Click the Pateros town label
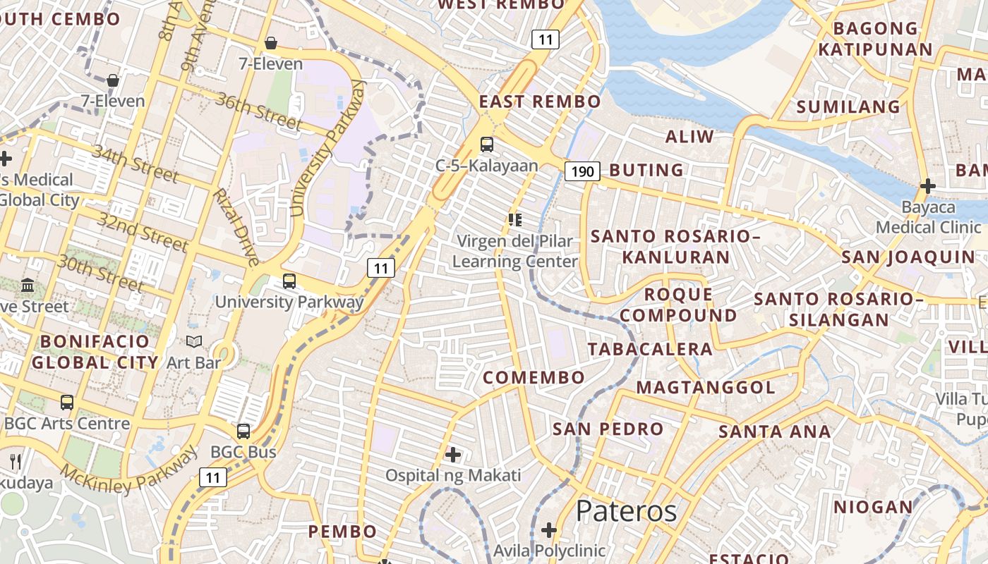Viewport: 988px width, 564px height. point(626,511)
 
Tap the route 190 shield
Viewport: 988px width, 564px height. point(582,171)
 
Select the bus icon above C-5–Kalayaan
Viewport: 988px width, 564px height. point(487,145)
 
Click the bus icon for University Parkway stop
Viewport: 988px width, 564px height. point(289,281)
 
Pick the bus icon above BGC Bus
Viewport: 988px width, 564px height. point(243,431)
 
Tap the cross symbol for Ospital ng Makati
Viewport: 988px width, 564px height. point(453,455)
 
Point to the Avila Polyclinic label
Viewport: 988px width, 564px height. point(549,550)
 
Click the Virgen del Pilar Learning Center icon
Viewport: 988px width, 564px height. point(514,220)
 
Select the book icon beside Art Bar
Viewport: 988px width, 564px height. point(193,342)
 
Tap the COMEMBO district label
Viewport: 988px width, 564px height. point(534,378)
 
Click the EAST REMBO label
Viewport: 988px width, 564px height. point(540,102)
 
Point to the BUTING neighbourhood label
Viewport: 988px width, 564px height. point(646,171)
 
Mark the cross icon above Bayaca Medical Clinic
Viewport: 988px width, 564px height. point(928,186)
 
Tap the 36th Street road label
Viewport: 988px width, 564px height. point(259,111)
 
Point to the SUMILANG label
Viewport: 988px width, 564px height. point(848,107)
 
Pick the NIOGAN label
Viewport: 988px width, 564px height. point(873,508)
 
